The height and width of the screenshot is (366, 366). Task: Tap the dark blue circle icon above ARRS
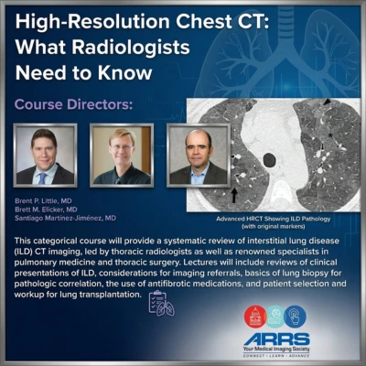[x=295, y=317]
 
